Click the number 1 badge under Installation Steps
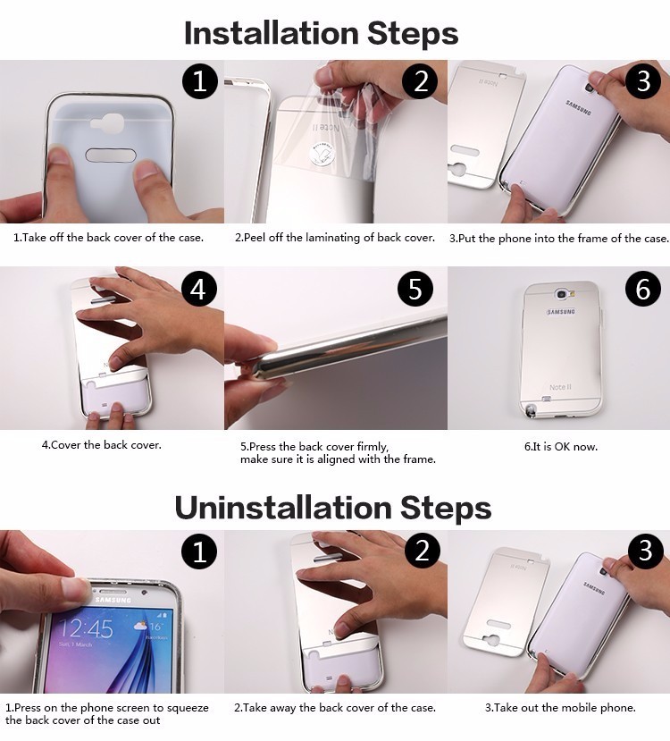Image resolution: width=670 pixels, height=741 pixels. pos(200,80)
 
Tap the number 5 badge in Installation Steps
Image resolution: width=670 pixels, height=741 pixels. pos(415,289)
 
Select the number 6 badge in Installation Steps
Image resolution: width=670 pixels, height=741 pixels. pos(643,289)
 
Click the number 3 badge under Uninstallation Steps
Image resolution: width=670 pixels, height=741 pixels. pos(646,551)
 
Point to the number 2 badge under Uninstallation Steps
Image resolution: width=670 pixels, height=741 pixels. pos(423,551)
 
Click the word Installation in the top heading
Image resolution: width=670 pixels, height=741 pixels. pos(272,33)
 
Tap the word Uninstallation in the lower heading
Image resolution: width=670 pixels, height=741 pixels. pos(283,508)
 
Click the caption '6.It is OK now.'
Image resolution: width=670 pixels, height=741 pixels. pos(561,447)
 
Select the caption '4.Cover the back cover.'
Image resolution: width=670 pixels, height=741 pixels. pos(102,445)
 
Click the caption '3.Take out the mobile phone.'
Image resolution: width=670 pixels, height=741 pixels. pos(560,707)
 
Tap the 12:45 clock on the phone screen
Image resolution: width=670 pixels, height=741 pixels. pos(87,628)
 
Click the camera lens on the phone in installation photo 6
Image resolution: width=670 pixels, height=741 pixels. pos(561,294)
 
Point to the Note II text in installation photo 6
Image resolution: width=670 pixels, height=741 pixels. pos(560,387)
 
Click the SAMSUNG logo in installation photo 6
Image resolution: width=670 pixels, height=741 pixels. pos(561,312)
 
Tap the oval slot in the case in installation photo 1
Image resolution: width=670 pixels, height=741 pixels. pos(111,155)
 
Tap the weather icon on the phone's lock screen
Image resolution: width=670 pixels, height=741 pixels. pos(141,627)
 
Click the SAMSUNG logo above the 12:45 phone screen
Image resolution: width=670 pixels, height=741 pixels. pos(113,600)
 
